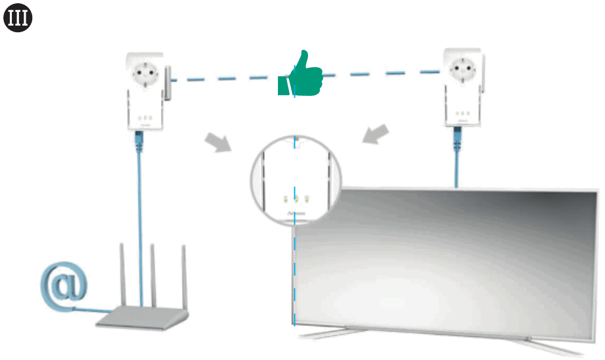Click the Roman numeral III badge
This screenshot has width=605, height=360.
coord(18,19)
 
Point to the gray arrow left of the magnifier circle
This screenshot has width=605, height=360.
coord(218,142)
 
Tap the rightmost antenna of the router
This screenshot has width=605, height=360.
coord(184,276)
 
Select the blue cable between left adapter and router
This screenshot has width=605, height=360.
coord(140,210)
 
